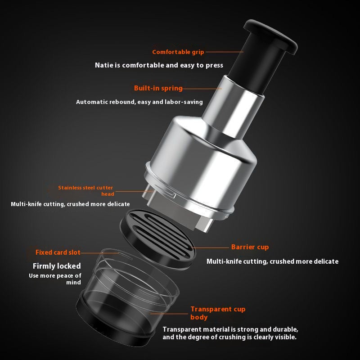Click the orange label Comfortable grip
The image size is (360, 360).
[x=178, y=52]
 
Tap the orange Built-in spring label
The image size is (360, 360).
[x=158, y=88]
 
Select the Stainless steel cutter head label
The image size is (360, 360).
[x=85, y=191]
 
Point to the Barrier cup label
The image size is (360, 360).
[x=250, y=247]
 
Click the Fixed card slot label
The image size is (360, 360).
[x=58, y=252]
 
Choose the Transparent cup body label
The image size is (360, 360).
[x=218, y=313]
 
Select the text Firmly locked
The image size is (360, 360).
[x=57, y=266]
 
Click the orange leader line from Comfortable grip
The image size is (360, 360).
[x=225, y=52]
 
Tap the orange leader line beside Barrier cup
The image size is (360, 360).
[x=211, y=248]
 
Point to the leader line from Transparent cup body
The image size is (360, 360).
[x=169, y=314]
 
